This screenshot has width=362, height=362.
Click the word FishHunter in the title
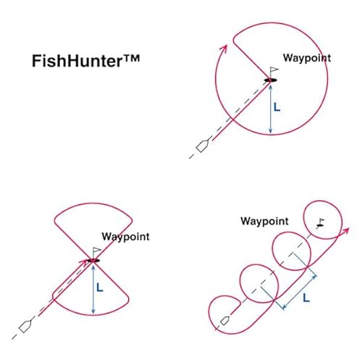77,61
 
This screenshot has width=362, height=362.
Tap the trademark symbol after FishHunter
131,59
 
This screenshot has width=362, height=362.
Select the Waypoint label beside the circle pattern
307,59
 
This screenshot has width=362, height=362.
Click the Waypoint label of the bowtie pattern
125,237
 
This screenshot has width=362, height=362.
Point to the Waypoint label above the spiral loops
264,222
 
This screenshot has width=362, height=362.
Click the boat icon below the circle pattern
202,146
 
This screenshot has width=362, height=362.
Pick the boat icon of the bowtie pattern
25,326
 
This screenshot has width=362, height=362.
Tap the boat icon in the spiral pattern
224,320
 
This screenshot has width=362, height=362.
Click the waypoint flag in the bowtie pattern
96,253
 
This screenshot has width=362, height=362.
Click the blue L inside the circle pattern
277,107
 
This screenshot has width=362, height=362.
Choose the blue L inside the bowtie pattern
100,287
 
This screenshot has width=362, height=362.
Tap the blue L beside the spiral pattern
306,298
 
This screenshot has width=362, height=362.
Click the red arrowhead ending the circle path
224,49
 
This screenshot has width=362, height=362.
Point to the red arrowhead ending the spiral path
345,230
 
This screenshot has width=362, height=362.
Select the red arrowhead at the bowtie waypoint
85,262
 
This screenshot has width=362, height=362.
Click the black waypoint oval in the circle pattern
270,80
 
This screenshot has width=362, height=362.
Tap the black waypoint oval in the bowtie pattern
93,261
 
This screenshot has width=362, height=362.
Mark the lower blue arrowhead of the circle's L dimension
270,130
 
